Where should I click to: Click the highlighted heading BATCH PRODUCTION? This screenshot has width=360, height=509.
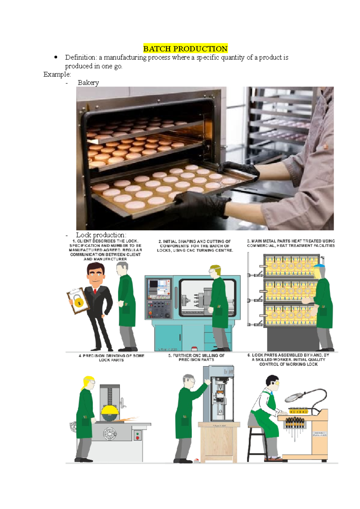(185, 49)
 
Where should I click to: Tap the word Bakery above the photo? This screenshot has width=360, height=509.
(88, 83)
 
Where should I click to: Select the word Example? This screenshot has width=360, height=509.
(57, 74)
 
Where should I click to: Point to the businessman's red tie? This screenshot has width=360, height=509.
(95, 291)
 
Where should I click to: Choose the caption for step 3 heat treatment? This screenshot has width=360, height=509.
(291, 243)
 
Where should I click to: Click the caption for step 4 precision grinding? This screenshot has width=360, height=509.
(111, 358)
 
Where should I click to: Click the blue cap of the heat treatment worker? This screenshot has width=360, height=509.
(319, 266)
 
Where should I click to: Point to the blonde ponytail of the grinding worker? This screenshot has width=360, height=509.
(85, 383)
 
